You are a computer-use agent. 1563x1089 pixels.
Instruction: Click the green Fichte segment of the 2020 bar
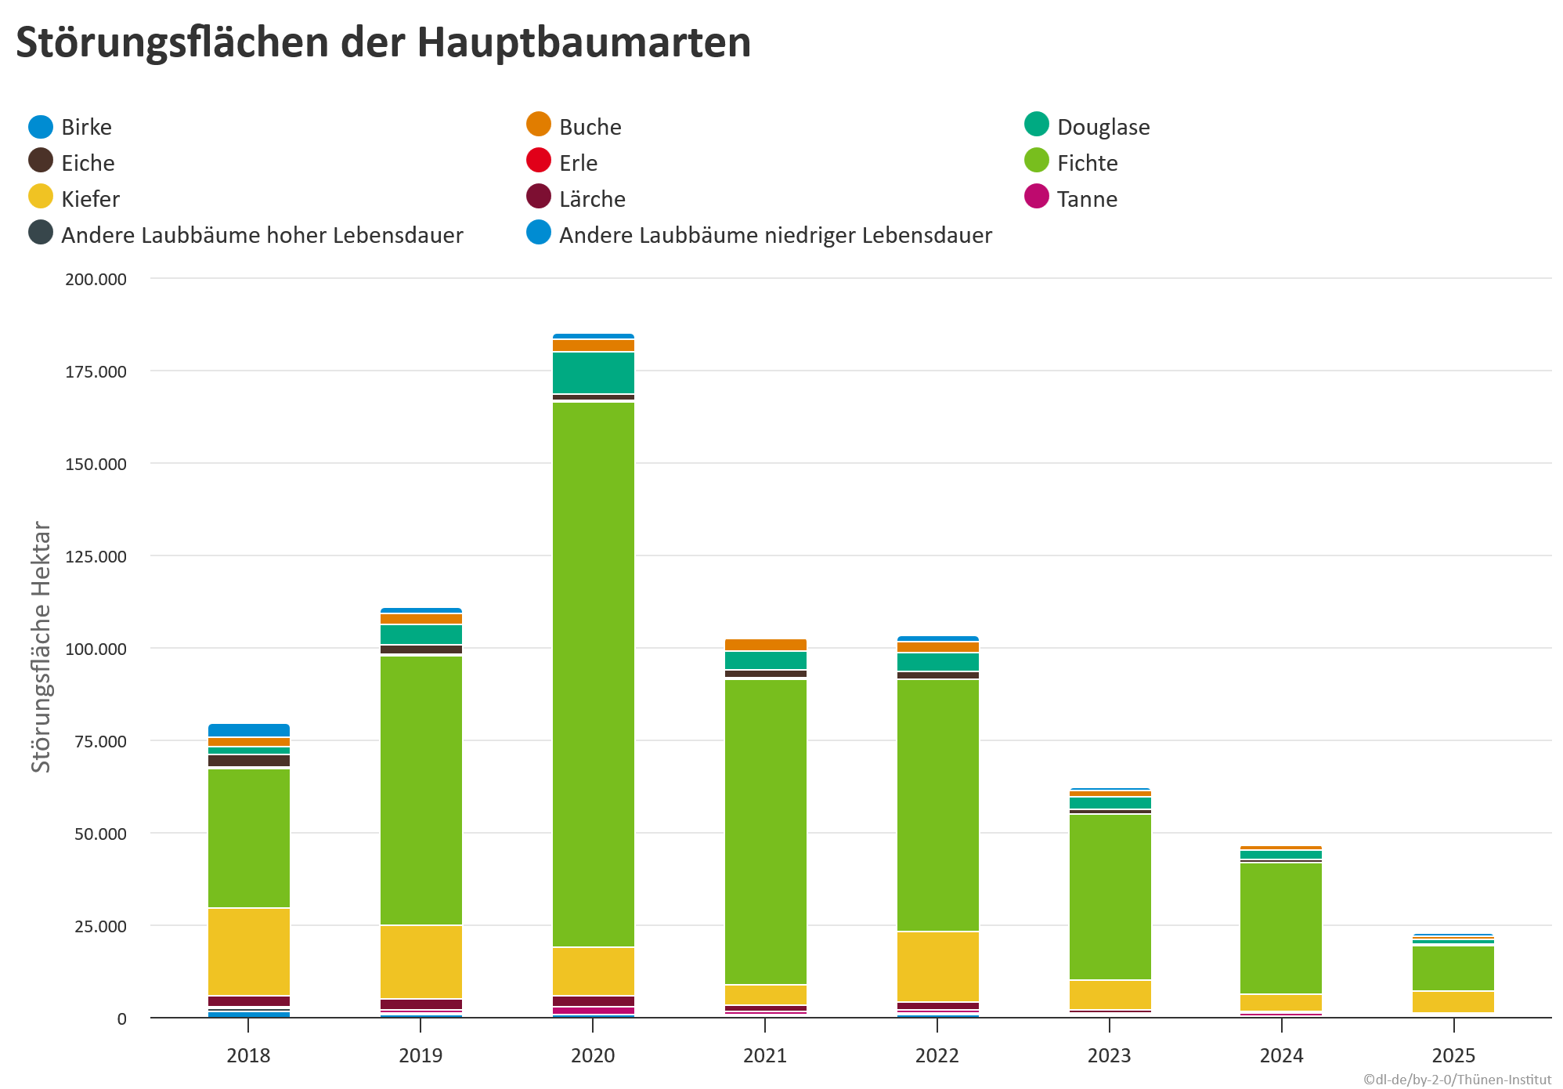click(593, 674)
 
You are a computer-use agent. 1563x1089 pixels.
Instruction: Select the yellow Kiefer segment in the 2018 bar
click(248, 951)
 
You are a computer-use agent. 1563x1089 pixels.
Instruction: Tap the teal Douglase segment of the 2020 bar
click(593, 373)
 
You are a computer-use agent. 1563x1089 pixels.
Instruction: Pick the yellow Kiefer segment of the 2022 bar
click(937, 966)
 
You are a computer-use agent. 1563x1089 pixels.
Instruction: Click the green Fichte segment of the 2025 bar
click(1453, 968)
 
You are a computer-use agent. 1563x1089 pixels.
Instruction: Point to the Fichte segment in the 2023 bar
click(1110, 896)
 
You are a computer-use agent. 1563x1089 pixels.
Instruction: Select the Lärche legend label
click(592, 199)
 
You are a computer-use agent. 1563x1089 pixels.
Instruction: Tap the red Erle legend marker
click(539, 161)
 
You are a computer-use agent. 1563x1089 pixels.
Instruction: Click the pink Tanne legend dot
click(1036, 197)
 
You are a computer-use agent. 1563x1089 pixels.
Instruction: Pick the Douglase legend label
click(1103, 127)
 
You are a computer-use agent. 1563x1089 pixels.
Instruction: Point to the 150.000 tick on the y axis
click(96, 464)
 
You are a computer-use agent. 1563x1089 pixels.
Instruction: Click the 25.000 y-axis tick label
click(100, 926)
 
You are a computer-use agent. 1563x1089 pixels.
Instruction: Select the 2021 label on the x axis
click(764, 1055)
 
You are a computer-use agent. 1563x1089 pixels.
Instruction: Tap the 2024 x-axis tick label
click(1281, 1055)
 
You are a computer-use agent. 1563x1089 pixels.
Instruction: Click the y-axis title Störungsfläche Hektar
click(41, 646)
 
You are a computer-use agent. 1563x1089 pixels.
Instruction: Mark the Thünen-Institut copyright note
click(1457, 1079)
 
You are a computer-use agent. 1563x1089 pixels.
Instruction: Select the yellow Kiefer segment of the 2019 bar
click(421, 961)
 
